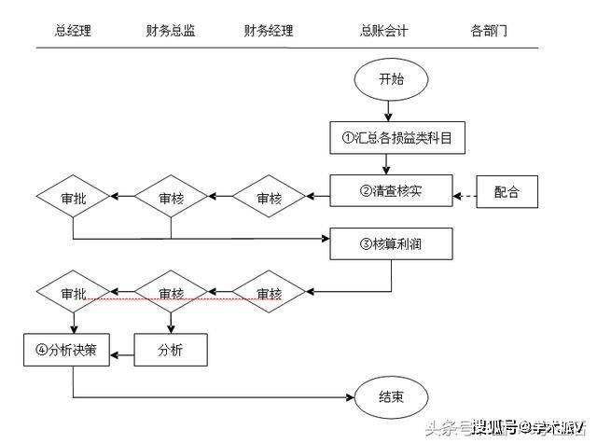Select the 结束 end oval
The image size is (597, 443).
391,396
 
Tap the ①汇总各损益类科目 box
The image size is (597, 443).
391,137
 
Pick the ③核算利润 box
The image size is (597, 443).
391,245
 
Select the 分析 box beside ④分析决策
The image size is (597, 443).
171,350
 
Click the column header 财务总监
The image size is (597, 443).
171,31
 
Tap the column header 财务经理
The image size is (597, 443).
268,31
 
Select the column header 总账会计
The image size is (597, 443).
383,31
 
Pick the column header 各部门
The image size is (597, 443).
489,31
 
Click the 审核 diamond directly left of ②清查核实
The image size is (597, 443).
269,197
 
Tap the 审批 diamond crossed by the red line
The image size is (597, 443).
74,294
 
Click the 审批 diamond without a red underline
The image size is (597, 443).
74,197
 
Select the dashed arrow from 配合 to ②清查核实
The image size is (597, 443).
465,197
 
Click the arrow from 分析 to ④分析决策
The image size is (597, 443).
122,351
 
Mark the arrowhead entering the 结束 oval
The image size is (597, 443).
350,396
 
